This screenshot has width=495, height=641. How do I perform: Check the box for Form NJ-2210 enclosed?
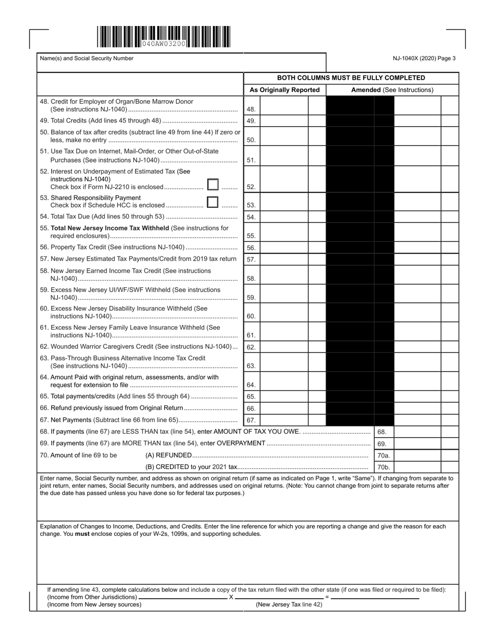tap(213, 184)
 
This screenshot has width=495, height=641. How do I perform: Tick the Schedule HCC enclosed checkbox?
tap(212, 202)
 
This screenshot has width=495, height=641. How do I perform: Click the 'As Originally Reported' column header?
tap(284, 90)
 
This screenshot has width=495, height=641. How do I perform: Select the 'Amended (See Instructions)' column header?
tap(392, 90)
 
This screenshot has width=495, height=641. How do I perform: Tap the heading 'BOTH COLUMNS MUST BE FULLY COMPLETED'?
tap(351, 78)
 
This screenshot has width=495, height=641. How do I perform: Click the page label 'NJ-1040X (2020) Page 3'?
tap(424, 58)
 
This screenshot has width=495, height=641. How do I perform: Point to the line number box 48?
tap(251, 110)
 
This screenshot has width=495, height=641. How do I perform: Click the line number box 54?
tap(251, 217)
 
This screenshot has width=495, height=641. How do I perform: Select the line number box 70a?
tap(383, 455)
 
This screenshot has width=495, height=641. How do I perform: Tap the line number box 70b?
tap(383, 467)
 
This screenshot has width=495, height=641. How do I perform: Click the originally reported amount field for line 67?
tap(284, 420)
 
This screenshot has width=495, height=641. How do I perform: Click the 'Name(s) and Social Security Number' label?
tap(86, 58)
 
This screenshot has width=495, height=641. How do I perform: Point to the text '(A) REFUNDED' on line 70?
tap(168, 455)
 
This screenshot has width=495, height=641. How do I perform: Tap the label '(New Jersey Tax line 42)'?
tap(289, 605)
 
